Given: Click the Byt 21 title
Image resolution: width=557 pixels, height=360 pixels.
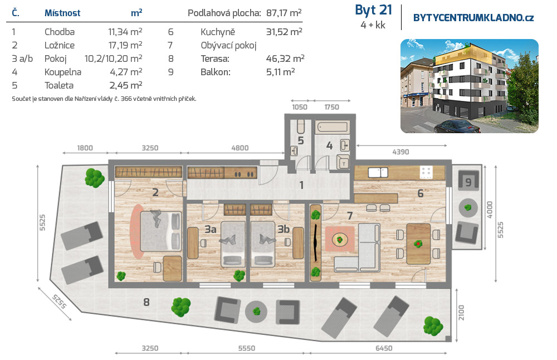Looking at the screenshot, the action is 373,10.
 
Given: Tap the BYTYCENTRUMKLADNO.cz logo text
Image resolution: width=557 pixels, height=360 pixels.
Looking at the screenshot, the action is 473,18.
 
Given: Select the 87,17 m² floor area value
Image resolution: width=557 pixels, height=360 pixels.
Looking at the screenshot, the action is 284,13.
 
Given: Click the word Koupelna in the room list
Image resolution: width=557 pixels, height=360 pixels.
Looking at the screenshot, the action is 63,72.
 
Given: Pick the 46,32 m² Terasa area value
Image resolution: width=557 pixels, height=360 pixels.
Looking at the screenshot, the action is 285,59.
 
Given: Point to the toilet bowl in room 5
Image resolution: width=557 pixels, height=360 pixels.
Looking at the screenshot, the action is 301,126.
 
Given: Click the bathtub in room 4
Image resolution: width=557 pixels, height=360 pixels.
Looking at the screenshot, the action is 332,127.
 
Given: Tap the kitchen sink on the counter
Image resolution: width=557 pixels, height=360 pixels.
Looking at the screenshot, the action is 378,173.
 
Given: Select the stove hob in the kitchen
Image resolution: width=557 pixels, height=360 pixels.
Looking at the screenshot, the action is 426,172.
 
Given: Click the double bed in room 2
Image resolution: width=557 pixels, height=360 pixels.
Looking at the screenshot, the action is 161,231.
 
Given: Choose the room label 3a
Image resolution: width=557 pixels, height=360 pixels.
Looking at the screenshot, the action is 211,230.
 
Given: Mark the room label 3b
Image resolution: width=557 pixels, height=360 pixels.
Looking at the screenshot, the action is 284,229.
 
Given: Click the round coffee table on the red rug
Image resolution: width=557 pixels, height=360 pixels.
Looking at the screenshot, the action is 340,240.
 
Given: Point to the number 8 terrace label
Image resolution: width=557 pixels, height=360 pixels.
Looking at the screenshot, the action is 146,303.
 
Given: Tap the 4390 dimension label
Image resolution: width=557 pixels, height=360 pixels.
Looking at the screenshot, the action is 400,152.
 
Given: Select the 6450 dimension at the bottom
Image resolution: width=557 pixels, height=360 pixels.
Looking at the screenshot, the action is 384,348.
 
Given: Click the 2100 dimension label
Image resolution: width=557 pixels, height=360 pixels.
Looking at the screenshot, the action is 461,313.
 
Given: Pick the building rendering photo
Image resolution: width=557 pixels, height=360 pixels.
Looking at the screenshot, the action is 469,86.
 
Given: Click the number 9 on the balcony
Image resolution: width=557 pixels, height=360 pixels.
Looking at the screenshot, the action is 468,182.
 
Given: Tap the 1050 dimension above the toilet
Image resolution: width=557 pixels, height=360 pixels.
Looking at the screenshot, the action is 300,107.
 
